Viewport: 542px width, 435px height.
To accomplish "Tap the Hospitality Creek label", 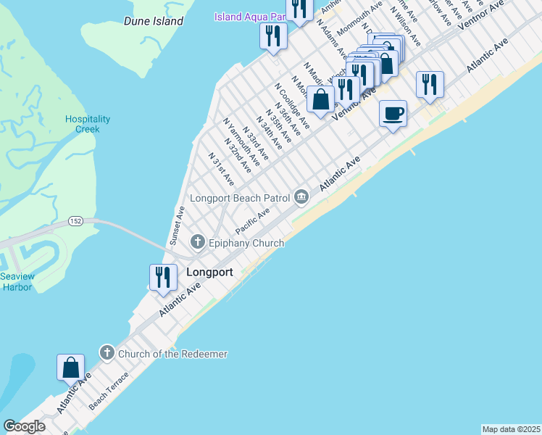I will click(x=88, y=124).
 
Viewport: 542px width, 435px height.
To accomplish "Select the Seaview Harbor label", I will click(x=16, y=281).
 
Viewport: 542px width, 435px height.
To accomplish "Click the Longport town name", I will click(x=209, y=273).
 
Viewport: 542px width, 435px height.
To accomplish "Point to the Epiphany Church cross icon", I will click(x=196, y=241).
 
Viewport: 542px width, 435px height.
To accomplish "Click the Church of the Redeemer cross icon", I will click(x=107, y=353).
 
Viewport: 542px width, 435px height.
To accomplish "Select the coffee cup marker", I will click(x=393, y=114).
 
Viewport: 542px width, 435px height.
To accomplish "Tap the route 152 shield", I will click(x=75, y=220).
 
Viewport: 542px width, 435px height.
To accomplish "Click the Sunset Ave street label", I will click(x=177, y=226).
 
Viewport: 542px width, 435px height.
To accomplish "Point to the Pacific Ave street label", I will click(x=252, y=220).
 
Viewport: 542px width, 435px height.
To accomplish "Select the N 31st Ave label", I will click(x=221, y=167).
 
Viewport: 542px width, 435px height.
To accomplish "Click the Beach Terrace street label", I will click(x=109, y=391).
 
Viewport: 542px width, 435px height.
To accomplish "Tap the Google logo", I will click(x=23, y=426).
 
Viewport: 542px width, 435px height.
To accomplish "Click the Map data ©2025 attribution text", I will click(x=511, y=428).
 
